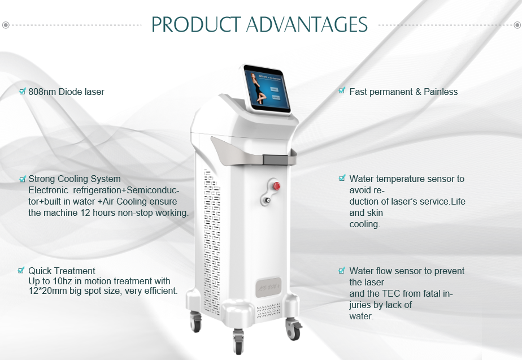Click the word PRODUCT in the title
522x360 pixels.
(196, 24)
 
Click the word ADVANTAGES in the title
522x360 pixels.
(307, 24)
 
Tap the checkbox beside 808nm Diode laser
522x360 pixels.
(22, 91)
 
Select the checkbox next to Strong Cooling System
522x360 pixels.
(22, 179)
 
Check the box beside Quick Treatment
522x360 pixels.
(21, 270)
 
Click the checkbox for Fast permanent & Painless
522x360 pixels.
(342, 90)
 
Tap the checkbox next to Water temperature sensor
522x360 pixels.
(342, 178)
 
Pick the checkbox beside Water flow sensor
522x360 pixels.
(342, 270)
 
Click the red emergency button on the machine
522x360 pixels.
(276, 186)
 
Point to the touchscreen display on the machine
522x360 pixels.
(267, 89)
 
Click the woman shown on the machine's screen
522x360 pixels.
(258, 88)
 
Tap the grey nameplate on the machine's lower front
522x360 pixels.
(268, 287)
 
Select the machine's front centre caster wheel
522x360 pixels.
(238, 342)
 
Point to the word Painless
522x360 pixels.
(441, 92)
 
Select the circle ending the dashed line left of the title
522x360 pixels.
(6, 25)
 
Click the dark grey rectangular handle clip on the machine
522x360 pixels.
(275, 159)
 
